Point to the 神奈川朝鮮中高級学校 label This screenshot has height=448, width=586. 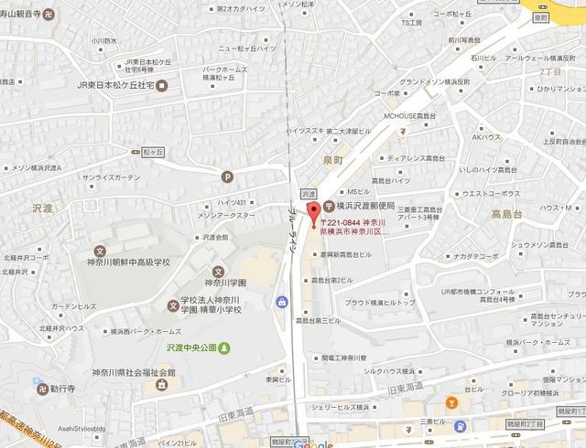pyautogui.click(x=128, y=262)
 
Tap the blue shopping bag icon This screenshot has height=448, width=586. pyautogui.click(x=280, y=302)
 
